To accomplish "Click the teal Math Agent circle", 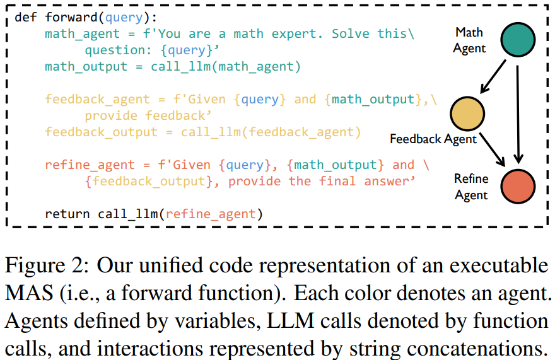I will pos(518,40).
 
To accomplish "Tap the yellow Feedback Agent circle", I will pos(467,114).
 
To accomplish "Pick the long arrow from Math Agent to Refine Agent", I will pos(518,113).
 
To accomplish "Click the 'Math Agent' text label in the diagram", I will pos(469,40).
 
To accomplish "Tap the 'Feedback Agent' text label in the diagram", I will pos(433,138).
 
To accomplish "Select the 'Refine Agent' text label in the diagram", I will pos(471,187).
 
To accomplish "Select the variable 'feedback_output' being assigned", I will pos(101,132).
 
